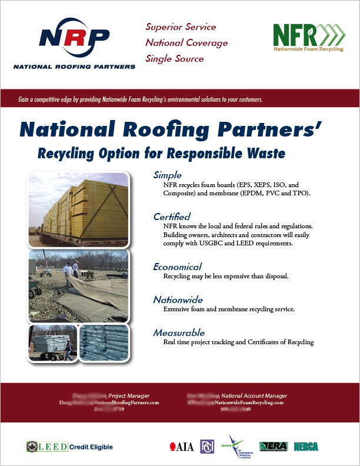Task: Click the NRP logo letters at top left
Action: (74, 38)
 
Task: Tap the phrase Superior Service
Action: (181, 27)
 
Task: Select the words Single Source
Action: (175, 58)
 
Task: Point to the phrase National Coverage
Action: (186, 42)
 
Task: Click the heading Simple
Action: (167, 175)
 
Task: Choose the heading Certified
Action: (172, 217)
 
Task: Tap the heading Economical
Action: (177, 267)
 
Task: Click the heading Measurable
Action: (179, 333)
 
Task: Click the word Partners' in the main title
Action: (284, 130)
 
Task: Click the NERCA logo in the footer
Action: (306, 447)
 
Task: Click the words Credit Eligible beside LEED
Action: (92, 447)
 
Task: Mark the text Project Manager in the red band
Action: (129, 395)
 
